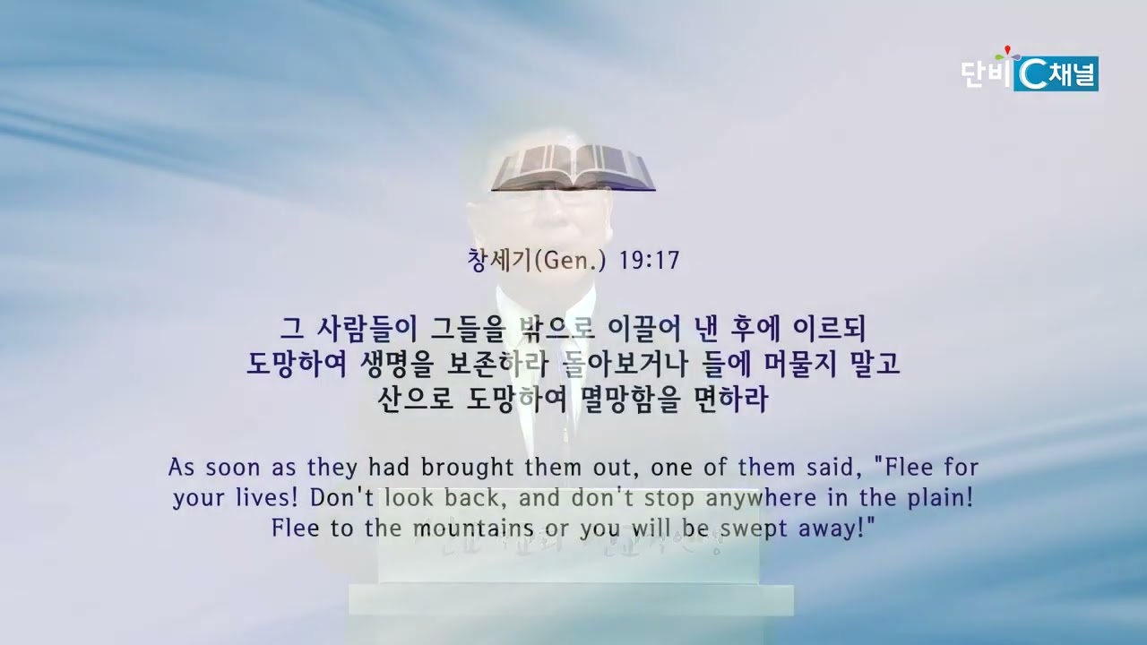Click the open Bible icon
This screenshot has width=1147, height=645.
573,168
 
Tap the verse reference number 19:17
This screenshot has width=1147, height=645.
649,261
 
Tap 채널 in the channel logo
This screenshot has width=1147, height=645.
1073,75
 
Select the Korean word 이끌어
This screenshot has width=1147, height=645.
643,329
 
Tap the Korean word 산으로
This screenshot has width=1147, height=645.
415,400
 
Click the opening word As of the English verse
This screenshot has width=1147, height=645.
181,468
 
